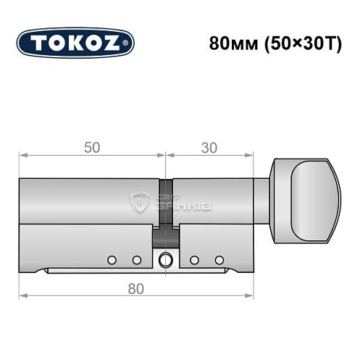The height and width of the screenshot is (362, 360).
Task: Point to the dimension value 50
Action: tap(91, 146)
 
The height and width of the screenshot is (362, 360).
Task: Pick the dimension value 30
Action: tap(209, 146)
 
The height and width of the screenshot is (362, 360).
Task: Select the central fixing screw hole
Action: tap(167, 259)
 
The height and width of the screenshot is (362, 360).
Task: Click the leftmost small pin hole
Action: tap(111, 259)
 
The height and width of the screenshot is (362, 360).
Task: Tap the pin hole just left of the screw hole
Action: tap(135, 259)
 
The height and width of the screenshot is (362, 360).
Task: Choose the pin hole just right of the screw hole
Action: tap(193, 259)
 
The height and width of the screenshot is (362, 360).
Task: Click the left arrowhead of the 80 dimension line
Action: tap(21, 295)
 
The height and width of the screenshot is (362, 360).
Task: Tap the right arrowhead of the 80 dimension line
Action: tap(254, 295)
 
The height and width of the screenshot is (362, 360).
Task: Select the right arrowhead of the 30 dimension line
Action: tap(254, 155)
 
